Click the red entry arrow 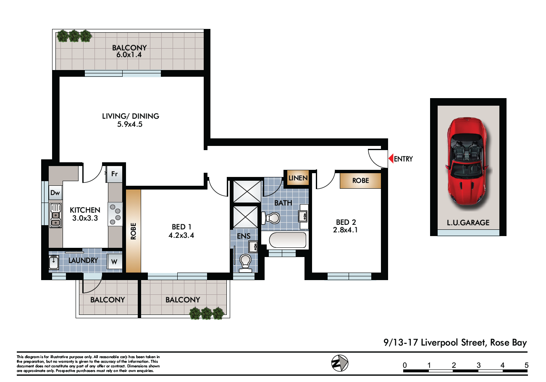tap(391, 159)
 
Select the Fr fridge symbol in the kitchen tap(114, 174)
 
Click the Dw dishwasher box tap(55, 193)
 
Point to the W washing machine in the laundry tap(114, 262)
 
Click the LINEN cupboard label tap(298, 178)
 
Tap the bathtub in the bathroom tap(288, 240)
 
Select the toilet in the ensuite tap(245, 263)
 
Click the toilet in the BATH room tap(270, 218)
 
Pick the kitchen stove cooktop tap(115, 214)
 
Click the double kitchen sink tap(55, 216)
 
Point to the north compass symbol tap(340, 363)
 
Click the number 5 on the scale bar tap(527, 365)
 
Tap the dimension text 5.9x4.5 tap(130, 125)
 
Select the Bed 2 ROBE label tap(360, 181)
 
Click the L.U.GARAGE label tap(468, 223)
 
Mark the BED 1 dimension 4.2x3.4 tap(181, 235)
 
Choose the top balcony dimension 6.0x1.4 tap(129, 55)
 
